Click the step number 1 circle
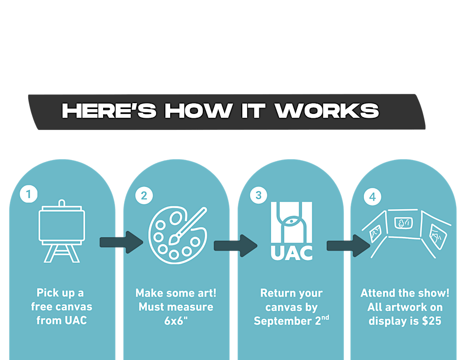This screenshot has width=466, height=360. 29,194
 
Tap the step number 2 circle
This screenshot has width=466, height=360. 144,196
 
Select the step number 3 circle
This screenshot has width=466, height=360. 258,195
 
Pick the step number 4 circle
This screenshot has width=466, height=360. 373,197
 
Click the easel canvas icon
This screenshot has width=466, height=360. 62,231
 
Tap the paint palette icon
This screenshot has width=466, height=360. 178,235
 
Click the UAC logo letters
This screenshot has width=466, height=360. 291,253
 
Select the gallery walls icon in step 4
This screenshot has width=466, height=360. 406,233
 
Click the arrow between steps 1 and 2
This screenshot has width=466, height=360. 121,242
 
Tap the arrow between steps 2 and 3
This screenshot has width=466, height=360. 235,246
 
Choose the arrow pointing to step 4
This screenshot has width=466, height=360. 348,246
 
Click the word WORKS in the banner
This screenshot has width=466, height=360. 327,111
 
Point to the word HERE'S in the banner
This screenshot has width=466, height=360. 109,111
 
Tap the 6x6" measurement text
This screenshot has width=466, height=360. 176,321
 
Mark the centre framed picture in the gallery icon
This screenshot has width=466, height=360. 404,223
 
